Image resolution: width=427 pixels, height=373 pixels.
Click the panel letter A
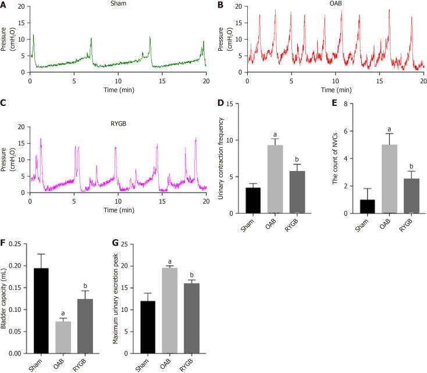pos(5,5)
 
